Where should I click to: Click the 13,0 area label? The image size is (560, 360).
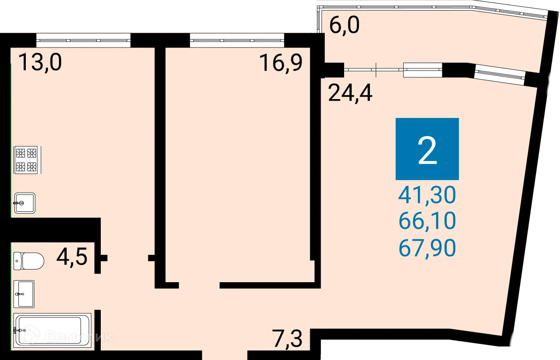click(x=40, y=63)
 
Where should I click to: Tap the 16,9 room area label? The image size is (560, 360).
click(x=281, y=63)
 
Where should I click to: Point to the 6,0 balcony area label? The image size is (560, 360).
click(x=345, y=26)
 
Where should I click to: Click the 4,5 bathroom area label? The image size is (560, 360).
click(x=72, y=257)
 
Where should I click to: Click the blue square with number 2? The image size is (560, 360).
click(x=427, y=149)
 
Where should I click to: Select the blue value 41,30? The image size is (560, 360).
click(x=427, y=195)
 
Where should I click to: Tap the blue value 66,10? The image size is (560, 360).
click(x=427, y=222)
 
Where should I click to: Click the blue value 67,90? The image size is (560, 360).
click(x=427, y=248)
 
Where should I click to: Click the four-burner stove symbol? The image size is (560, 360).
click(x=26, y=160)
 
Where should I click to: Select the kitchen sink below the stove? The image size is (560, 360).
click(x=25, y=203)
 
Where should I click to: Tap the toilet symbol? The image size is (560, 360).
click(x=29, y=261)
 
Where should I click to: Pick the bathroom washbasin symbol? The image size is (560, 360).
click(x=24, y=294)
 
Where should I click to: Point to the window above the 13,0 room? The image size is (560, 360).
click(x=83, y=41)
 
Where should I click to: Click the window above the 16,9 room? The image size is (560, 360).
click(x=237, y=41)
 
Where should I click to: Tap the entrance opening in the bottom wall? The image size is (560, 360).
click(x=225, y=355)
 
